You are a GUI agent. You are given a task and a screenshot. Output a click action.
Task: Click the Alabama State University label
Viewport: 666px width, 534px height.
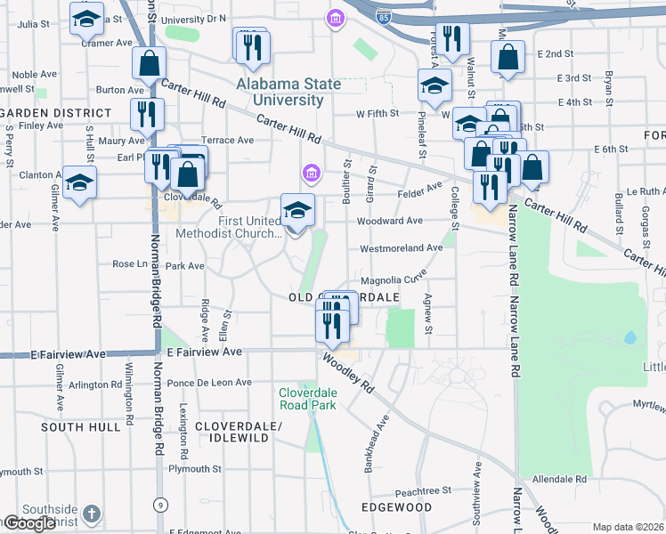click(288, 92)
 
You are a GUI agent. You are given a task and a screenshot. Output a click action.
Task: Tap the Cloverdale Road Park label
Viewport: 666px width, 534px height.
click(307, 398)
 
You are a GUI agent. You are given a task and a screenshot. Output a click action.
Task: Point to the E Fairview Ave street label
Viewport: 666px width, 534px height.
click(205, 352)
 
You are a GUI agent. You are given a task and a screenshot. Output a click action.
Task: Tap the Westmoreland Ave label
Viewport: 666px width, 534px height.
click(401, 248)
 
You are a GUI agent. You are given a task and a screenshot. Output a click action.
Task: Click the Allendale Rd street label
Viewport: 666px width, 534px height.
click(559, 479)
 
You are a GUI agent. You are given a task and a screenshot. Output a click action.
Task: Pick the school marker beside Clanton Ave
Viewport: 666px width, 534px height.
click(79, 182)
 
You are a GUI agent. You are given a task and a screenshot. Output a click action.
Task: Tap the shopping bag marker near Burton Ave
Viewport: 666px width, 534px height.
click(149, 63)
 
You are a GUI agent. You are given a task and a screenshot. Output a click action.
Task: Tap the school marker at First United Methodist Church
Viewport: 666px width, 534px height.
click(297, 211)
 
